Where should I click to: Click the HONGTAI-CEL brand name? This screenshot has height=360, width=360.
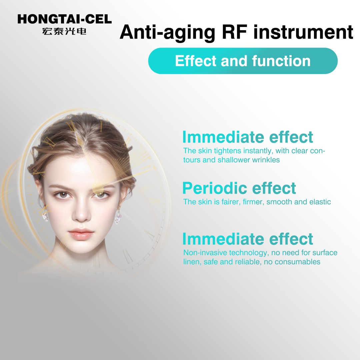point(65,19)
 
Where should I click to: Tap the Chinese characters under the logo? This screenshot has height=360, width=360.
point(64,31)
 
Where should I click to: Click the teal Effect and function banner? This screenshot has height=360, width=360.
point(243,61)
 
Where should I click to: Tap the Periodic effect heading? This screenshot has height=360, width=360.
point(239,188)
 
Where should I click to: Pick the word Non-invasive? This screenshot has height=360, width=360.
point(205,253)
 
